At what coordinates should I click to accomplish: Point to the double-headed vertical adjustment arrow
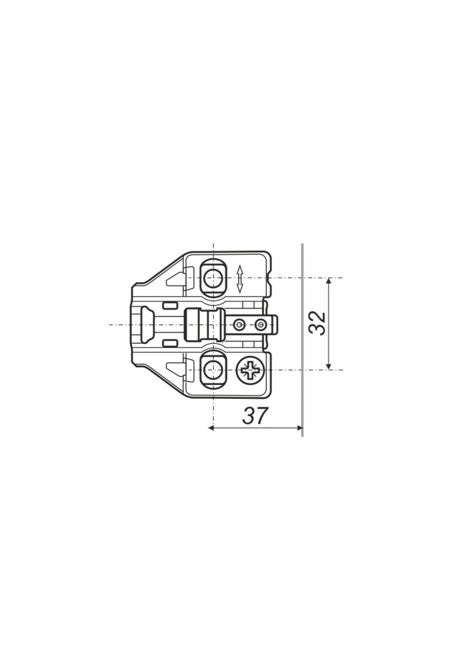(240, 279)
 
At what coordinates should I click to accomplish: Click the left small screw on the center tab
(239, 324)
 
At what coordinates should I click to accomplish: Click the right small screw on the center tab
(261, 324)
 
